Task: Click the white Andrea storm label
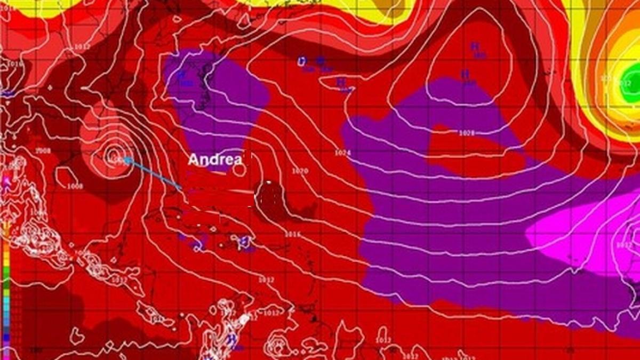coord(215,159)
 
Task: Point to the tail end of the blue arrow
coord(181,188)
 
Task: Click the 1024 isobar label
coord(343,153)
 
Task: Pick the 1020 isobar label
coord(300,171)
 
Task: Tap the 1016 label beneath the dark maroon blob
coord(292,234)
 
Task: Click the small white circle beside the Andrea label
coord(240,170)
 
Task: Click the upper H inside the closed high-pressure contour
coord(474,47)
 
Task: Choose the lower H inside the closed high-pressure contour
coord(465,74)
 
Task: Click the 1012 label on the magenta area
coord(624,245)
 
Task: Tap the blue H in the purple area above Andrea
coord(182,75)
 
